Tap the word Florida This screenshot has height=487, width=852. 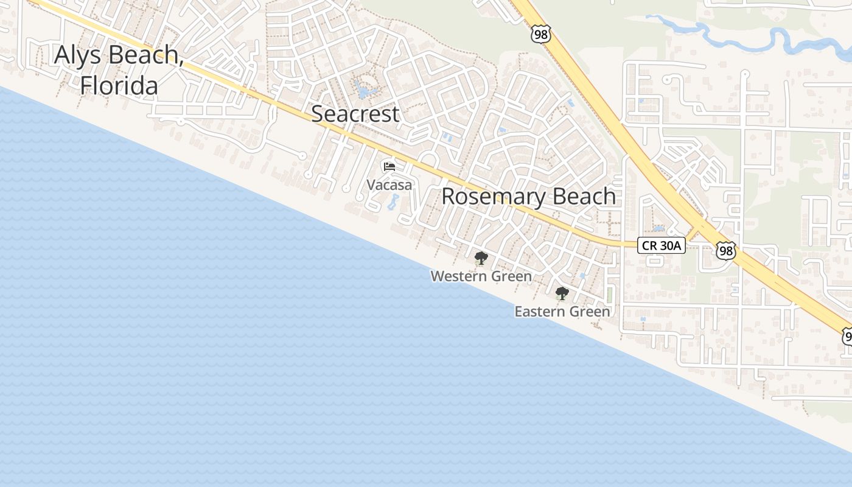click(x=119, y=86)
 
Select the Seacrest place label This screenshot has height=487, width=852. click(x=355, y=114)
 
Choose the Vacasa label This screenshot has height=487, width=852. click(x=389, y=184)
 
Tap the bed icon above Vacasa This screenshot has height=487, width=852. click(x=389, y=166)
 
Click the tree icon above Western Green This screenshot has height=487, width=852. click(x=481, y=258)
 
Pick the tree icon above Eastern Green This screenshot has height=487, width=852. click(x=562, y=293)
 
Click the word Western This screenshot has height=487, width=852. click(x=457, y=276)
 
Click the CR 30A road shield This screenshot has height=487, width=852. click(x=662, y=245)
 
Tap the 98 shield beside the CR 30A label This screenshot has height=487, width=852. click(x=725, y=250)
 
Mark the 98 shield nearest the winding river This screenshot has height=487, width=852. click(x=540, y=35)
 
